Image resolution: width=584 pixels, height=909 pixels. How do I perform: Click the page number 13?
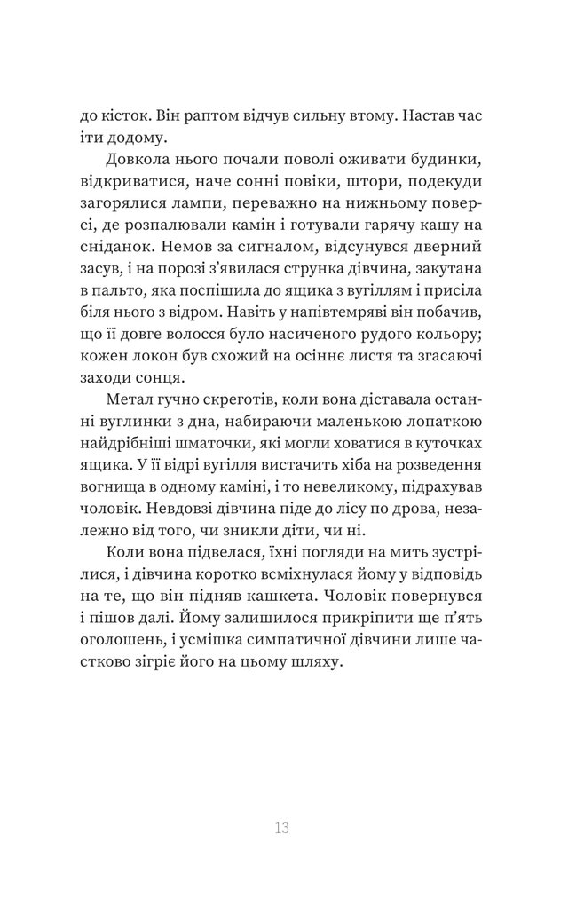click(282, 829)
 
